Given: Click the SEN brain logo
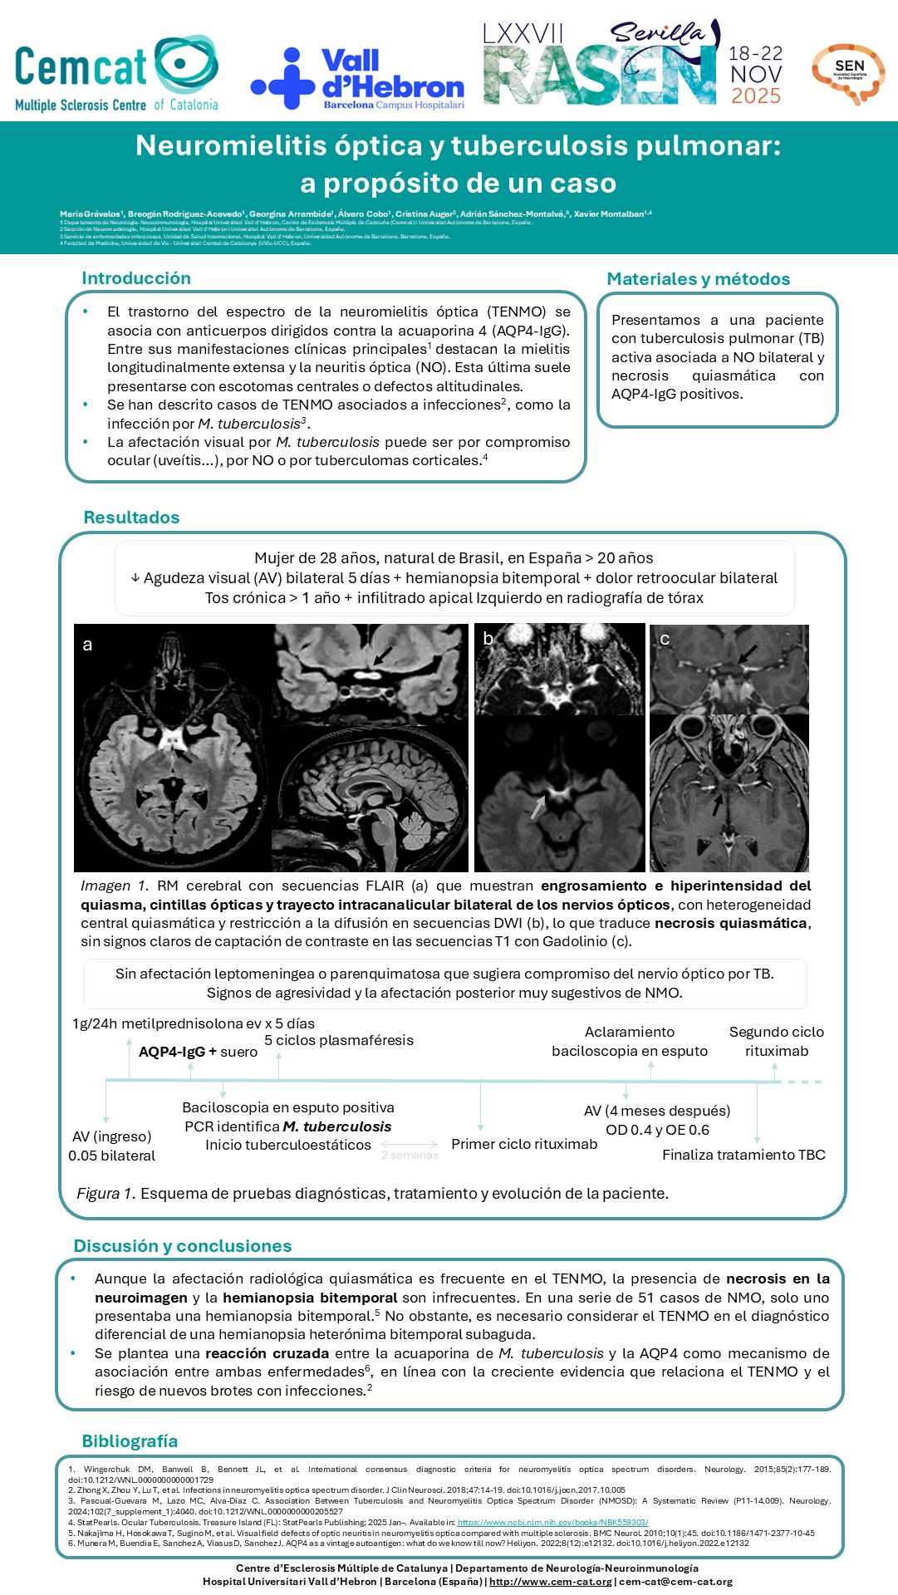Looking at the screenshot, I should pos(848,73).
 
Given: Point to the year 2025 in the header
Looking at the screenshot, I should pos(756,96).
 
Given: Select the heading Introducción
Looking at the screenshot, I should pos(136,278).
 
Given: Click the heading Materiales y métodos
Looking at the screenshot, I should pos(698,279).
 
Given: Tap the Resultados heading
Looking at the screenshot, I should pos(131,518).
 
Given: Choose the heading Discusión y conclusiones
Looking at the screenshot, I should pos(183,1246).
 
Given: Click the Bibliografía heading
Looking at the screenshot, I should pos(130,1441).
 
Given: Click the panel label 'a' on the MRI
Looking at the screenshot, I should pos(87,645).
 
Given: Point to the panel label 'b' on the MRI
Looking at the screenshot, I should pos(488,638).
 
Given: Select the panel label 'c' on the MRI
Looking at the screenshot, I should pos(665,639).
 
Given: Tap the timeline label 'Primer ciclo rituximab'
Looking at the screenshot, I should pos(524,1144).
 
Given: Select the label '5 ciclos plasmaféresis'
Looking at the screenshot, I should pos(338,1040).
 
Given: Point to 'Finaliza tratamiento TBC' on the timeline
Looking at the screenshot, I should pos(743,1155).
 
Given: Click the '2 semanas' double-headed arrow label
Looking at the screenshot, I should pos(410,1155).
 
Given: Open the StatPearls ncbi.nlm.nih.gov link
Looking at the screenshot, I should pos(552,1523).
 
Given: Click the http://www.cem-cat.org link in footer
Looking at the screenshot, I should pos(551,1582).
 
